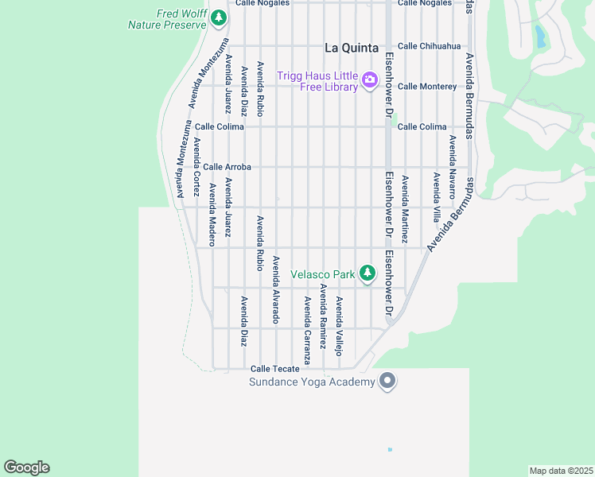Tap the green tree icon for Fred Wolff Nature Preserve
pos(220,17)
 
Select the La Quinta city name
pos(351,47)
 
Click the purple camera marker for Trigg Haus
pos(369,79)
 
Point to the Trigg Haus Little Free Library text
pos(317,81)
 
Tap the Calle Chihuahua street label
pos(429,46)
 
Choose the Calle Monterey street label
pos(427,86)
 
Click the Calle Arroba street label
pos(227,167)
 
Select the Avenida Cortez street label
pos(196,167)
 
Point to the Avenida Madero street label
pos(212,215)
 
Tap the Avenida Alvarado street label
pos(276,289)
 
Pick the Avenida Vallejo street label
pos(339,326)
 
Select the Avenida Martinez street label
pos(405,209)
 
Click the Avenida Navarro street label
pos(452,167)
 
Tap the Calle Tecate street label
pos(275,369)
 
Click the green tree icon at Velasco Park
pos(367,273)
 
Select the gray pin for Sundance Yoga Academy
pos(387,382)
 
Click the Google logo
pos(26,467)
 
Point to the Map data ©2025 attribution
pos(561,471)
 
